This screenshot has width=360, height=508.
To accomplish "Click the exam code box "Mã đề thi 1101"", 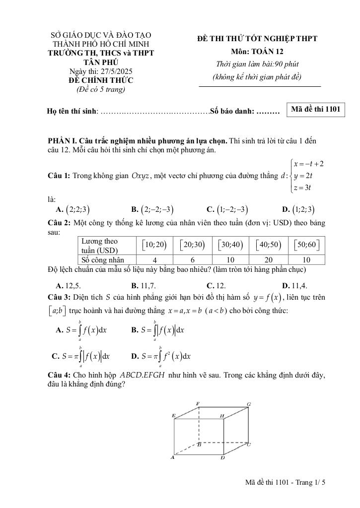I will [x=315, y=110].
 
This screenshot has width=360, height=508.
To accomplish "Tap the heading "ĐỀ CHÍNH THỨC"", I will [x=101, y=80].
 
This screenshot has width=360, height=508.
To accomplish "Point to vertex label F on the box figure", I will [x=198, y=404].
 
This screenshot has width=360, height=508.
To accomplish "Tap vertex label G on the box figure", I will [x=249, y=405].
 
